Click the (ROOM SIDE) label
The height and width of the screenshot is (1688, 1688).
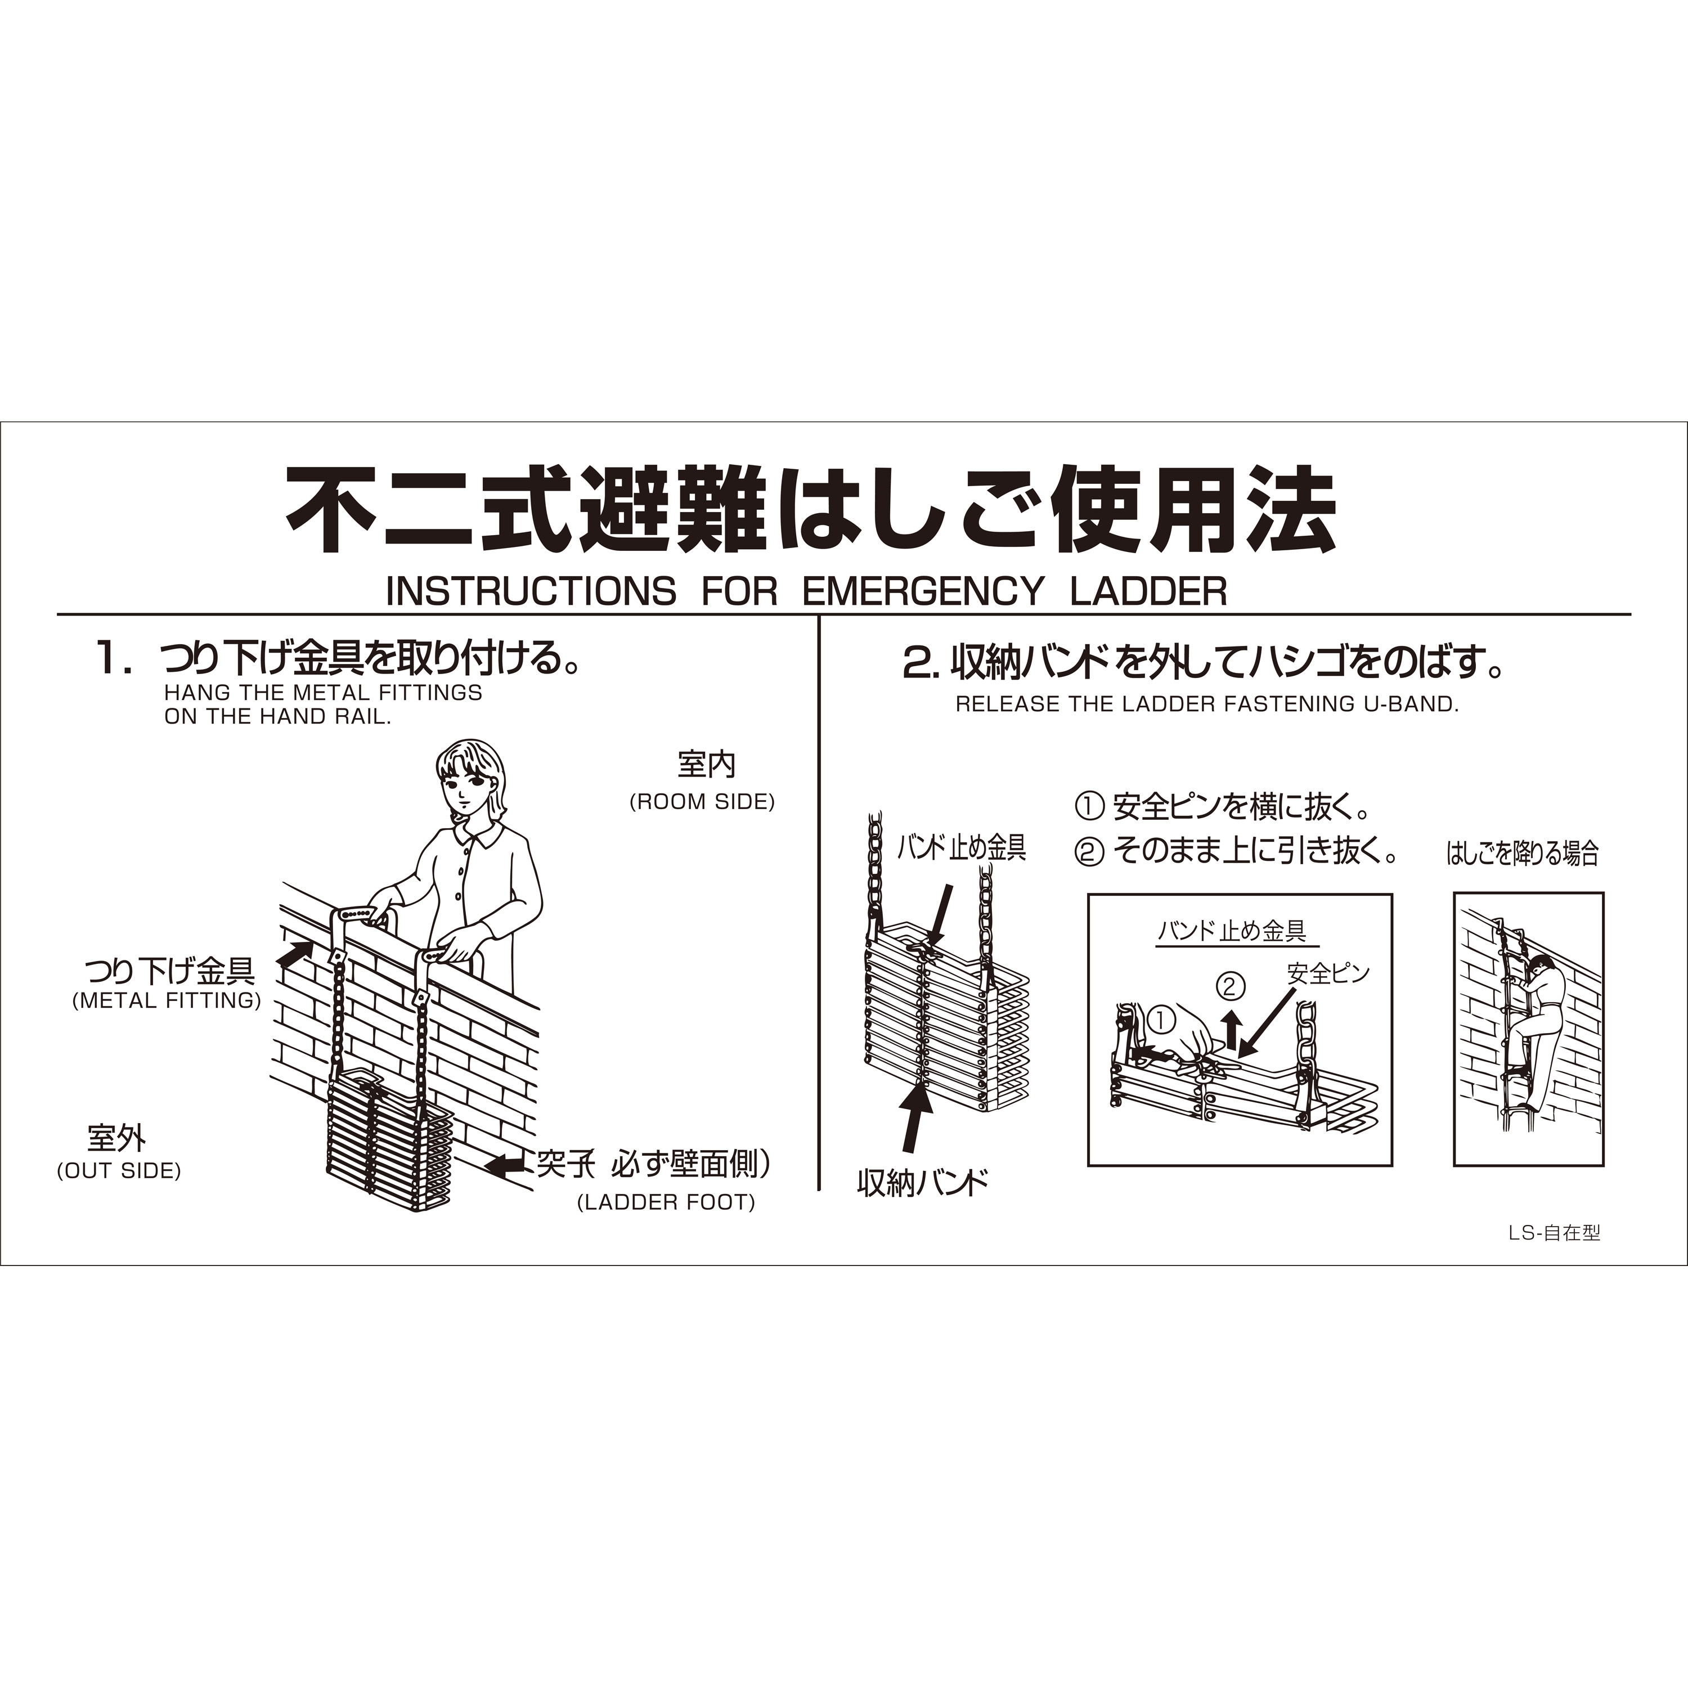click(702, 802)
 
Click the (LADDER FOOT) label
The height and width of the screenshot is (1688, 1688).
click(666, 1202)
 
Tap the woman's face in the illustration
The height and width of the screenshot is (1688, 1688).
click(468, 784)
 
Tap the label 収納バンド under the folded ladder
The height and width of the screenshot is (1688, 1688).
click(923, 1184)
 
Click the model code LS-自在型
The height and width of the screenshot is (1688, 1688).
click(1554, 1233)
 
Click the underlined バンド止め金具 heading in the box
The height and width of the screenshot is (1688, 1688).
click(1232, 931)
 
